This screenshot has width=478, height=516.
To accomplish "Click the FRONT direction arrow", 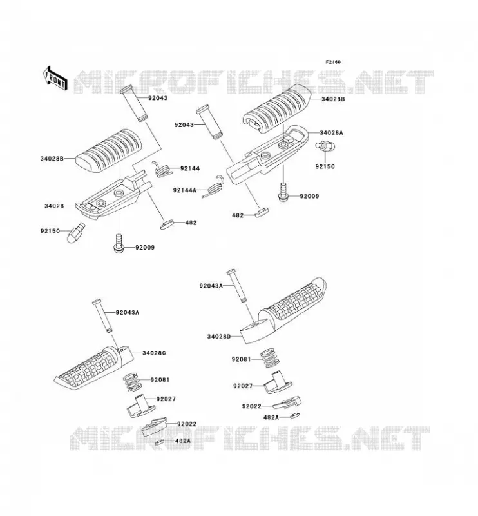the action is (x=55, y=78).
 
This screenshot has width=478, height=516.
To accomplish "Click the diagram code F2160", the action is (x=333, y=62).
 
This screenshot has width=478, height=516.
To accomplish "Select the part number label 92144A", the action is (x=185, y=190).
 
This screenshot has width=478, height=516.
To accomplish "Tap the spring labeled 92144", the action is (x=162, y=169).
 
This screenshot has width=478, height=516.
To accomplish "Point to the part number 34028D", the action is (x=219, y=337).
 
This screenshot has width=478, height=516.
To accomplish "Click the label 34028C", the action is (x=154, y=353).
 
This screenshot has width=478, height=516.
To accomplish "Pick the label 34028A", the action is (x=331, y=133).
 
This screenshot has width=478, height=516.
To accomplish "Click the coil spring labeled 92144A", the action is (x=213, y=186).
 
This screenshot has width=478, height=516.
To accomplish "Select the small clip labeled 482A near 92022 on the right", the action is (x=294, y=415).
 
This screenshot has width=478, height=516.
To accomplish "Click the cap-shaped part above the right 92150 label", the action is (x=325, y=145).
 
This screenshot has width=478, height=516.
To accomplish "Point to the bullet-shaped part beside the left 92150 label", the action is (x=76, y=232).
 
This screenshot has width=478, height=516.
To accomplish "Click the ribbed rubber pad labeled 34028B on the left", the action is (x=108, y=151).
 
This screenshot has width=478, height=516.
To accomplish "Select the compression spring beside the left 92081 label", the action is (x=131, y=382).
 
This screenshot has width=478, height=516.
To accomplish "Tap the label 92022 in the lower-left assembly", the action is (x=187, y=424).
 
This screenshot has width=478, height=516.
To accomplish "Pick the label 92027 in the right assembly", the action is (x=243, y=386).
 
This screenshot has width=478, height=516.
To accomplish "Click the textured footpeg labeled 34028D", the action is (x=283, y=311).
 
